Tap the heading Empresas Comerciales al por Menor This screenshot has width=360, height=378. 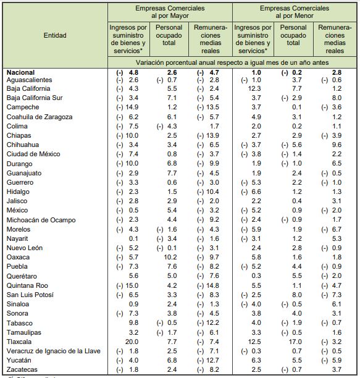[294, 12]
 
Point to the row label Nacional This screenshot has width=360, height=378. [21, 72]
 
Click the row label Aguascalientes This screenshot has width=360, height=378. [30, 80]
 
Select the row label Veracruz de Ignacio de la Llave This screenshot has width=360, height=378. [54, 351]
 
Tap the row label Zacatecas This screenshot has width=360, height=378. [23, 369]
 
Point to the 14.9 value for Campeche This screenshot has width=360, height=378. [131, 107]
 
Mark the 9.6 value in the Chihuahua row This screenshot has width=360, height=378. [337, 144]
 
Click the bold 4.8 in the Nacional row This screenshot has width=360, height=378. [133, 72]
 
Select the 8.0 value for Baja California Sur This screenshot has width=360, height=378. [337, 98]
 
